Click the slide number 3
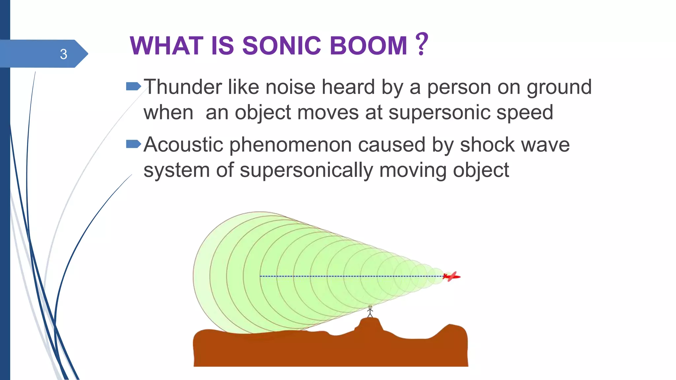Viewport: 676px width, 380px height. [63, 54]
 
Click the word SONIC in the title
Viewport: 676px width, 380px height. [281, 46]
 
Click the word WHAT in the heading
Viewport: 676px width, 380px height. [166, 46]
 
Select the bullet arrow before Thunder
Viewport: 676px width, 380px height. [133, 86]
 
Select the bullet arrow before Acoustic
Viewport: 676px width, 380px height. [133, 144]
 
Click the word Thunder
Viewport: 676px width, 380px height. [183, 87]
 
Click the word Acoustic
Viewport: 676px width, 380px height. [183, 145]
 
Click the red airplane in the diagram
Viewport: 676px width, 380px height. [452, 276]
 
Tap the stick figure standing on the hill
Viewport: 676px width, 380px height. [370, 311]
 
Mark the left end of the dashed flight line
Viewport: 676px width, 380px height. [261, 276]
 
